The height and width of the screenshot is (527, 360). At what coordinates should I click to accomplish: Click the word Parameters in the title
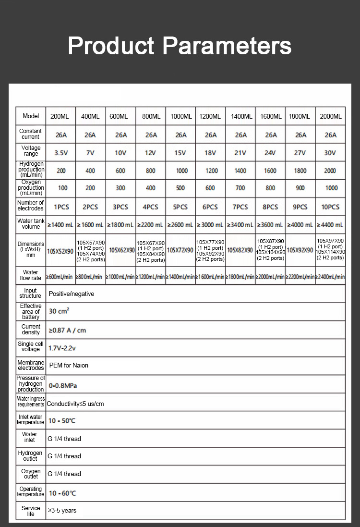coord(227,46)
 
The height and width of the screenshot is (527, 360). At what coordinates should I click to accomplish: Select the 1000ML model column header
coord(181,116)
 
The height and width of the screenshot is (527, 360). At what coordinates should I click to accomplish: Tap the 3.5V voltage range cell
coord(61,153)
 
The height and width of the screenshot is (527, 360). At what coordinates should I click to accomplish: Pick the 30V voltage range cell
coord(330,153)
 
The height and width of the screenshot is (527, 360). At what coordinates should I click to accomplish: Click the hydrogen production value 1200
coord(210,171)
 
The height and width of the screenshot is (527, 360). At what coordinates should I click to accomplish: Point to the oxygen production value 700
coord(240,188)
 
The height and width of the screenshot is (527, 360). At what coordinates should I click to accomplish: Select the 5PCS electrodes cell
coord(180,207)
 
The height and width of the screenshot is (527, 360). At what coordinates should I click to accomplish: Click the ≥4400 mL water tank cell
coord(330,225)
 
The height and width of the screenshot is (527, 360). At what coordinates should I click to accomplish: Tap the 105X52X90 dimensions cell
coord(60,251)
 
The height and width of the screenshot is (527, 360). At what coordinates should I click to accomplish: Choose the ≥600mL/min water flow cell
coord(60,277)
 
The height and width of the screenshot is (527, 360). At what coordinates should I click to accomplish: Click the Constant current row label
coord(31,134)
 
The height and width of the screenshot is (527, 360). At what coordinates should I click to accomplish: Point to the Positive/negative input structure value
coord(72,294)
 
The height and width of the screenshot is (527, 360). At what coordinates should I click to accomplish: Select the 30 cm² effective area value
coord(59,311)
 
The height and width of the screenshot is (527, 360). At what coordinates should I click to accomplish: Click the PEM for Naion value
coord(69,365)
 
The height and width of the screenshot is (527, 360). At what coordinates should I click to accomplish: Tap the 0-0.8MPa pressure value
coord(63,386)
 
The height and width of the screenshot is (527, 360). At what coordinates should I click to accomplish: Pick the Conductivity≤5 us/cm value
coord(75,404)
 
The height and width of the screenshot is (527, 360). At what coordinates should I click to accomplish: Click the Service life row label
coord(31,511)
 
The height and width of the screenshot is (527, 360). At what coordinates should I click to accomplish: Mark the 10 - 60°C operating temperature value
coord(62,493)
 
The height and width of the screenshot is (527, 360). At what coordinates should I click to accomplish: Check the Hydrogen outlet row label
coord(30,456)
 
